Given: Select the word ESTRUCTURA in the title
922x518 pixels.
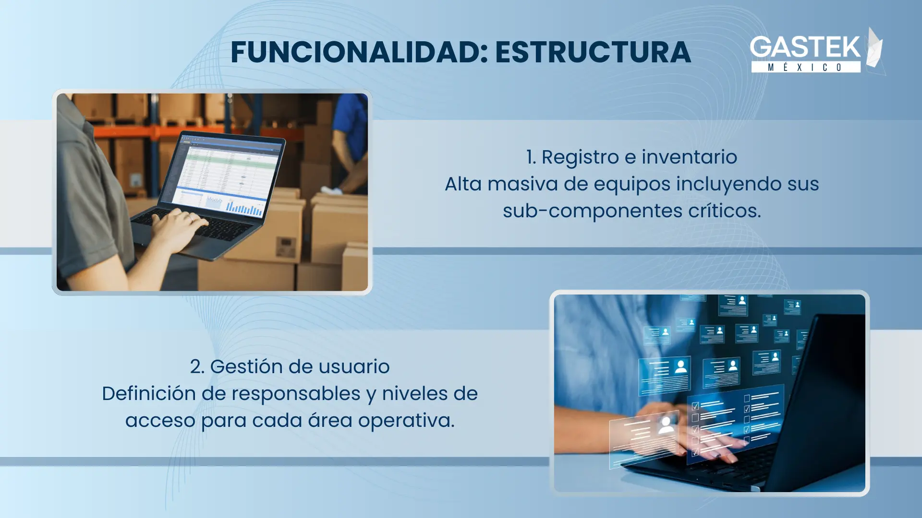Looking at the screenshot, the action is tap(593, 52).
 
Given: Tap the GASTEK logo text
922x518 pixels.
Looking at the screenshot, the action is tap(805, 47).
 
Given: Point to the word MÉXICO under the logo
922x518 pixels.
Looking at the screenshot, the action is tap(805, 67).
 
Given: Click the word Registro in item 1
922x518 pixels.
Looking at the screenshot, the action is tap(580, 157).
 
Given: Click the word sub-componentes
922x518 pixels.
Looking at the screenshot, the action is tap(593, 211).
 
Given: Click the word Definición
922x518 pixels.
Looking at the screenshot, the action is tap(149, 394).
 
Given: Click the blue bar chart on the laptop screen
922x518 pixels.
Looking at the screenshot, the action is tap(244, 208).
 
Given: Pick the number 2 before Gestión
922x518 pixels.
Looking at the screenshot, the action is tap(195, 367).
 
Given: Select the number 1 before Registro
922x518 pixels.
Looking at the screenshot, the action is tap(530, 157).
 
